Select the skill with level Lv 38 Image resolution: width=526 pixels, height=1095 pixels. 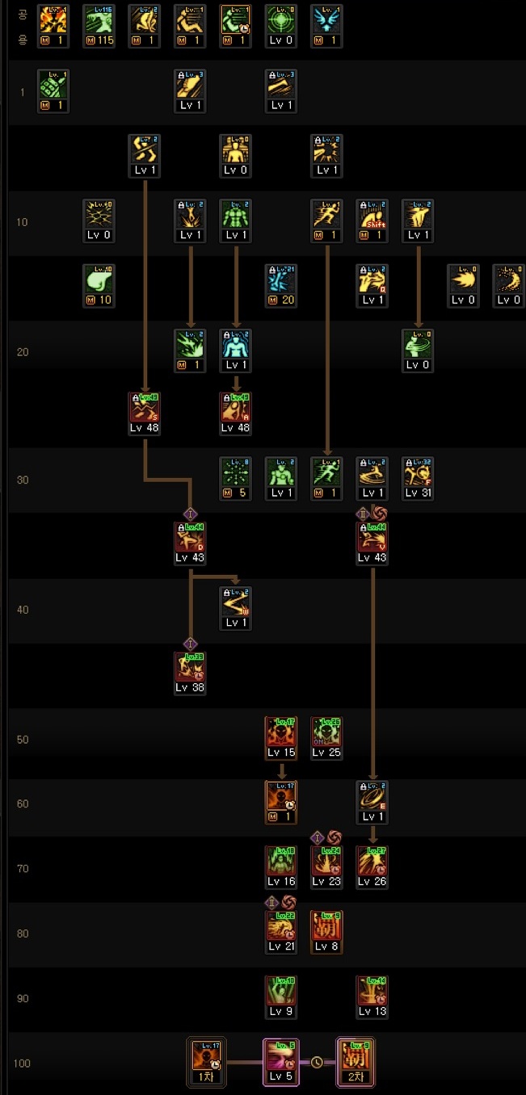(190, 672)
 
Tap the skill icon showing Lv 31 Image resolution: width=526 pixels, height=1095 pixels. (418, 477)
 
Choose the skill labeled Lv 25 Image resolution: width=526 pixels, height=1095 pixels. (326, 736)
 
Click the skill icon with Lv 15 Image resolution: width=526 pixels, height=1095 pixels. (281, 736)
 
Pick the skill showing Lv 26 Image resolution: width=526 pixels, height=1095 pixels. (372, 866)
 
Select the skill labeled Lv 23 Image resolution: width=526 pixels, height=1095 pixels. (326, 866)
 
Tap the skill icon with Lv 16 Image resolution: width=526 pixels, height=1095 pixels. (281, 866)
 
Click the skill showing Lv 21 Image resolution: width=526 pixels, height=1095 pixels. (281, 930)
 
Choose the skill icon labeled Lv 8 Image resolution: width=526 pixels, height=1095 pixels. (326, 930)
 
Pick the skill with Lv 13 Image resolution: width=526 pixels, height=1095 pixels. (372, 996)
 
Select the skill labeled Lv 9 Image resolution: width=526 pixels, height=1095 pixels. (281, 996)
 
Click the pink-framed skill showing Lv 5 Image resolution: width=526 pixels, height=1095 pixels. (281, 1061)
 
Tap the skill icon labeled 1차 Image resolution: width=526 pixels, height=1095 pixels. (203, 1061)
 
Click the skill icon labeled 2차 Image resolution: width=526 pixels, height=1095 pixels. (356, 1061)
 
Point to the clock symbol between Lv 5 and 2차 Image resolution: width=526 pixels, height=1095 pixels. (318, 1062)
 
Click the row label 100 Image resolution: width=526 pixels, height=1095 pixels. (23, 1063)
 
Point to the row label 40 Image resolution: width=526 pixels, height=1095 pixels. (23, 610)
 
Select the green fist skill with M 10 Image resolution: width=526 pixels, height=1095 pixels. (99, 284)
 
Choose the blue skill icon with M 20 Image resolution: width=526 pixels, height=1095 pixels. (281, 284)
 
